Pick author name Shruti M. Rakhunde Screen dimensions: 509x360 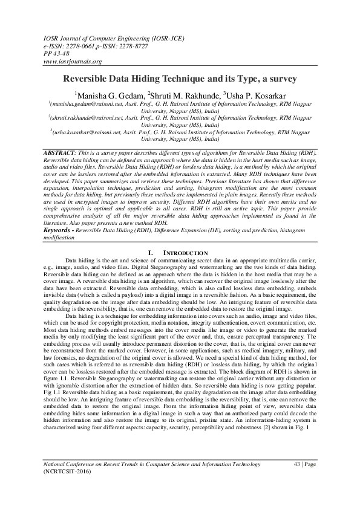pos(182,95)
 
